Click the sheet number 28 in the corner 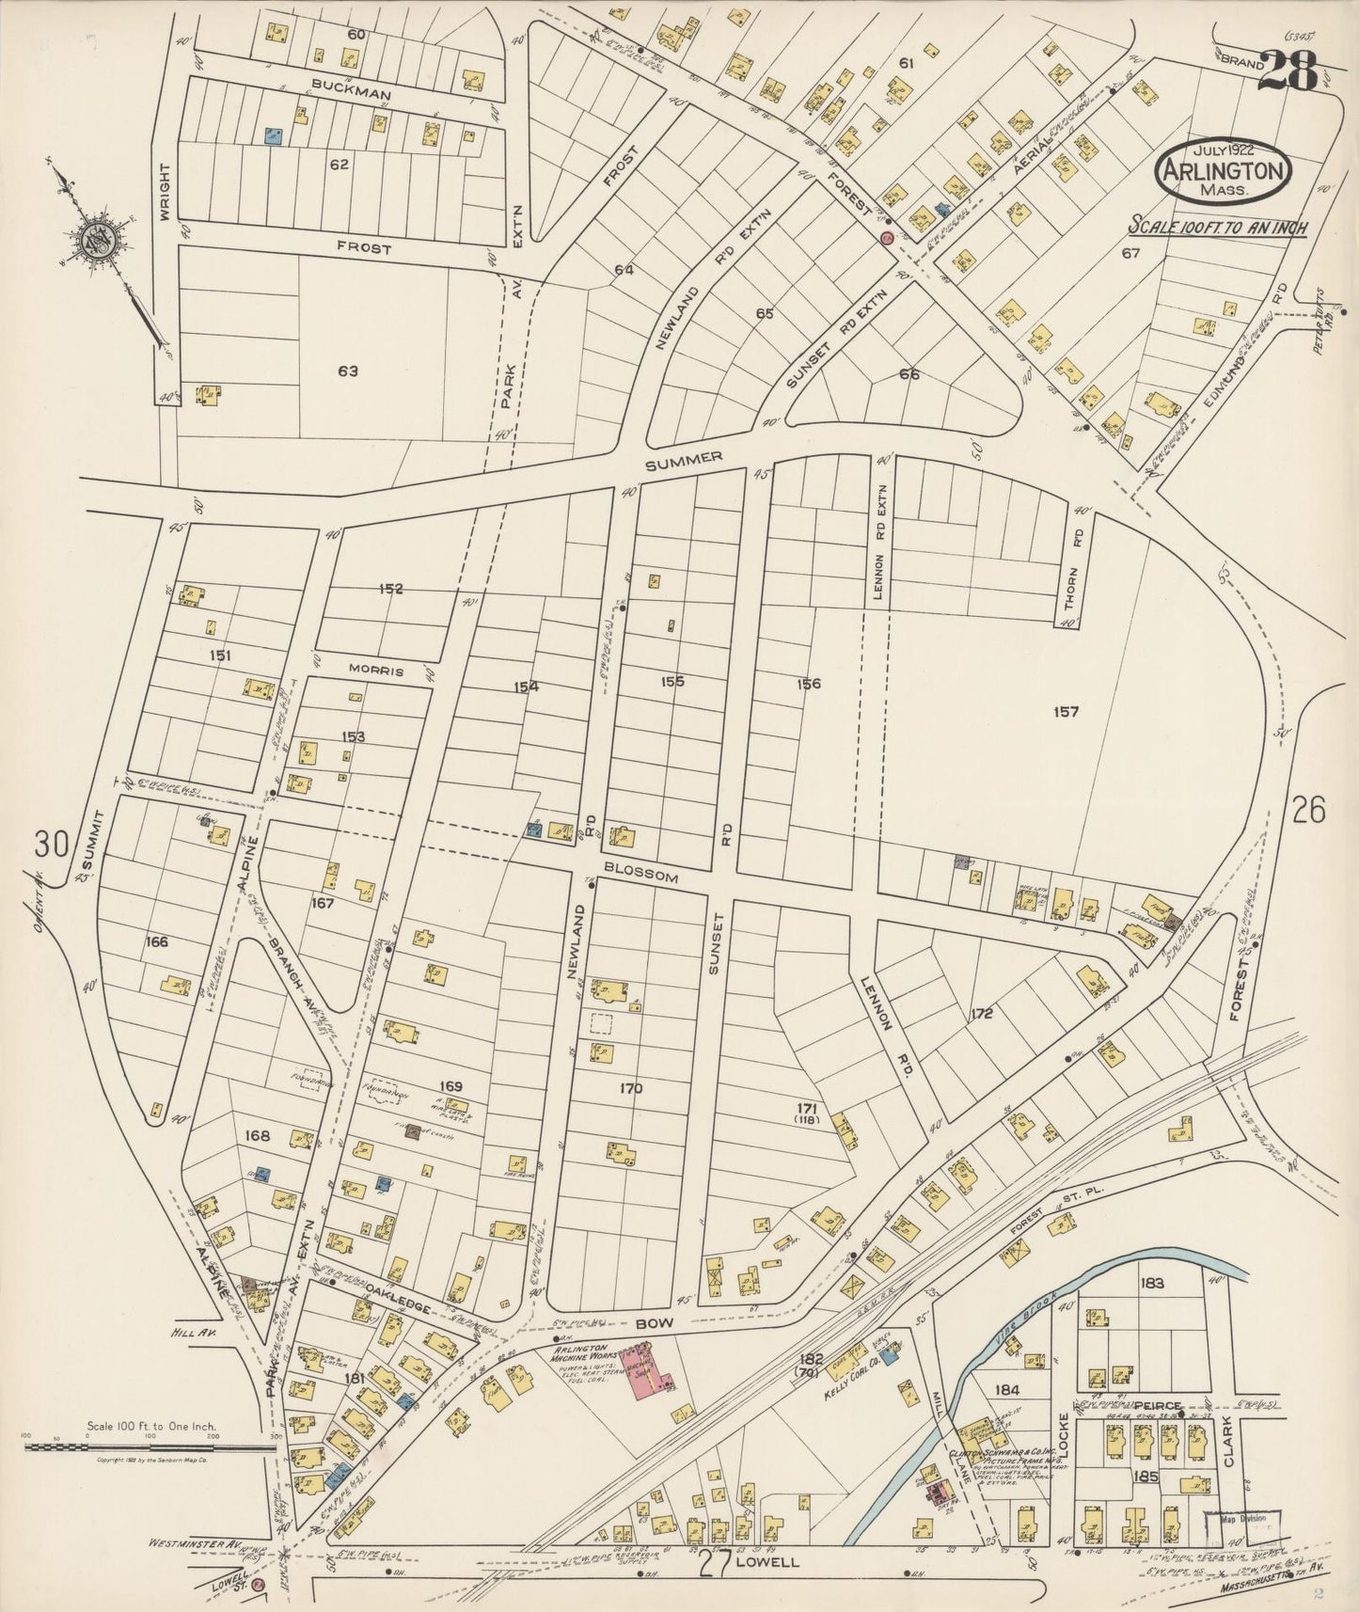click(x=1288, y=71)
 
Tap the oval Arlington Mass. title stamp click(x=1224, y=172)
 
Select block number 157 click(x=1066, y=712)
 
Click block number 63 click(x=348, y=371)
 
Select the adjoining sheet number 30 click(x=52, y=845)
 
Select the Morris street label click(x=376, y=672)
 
